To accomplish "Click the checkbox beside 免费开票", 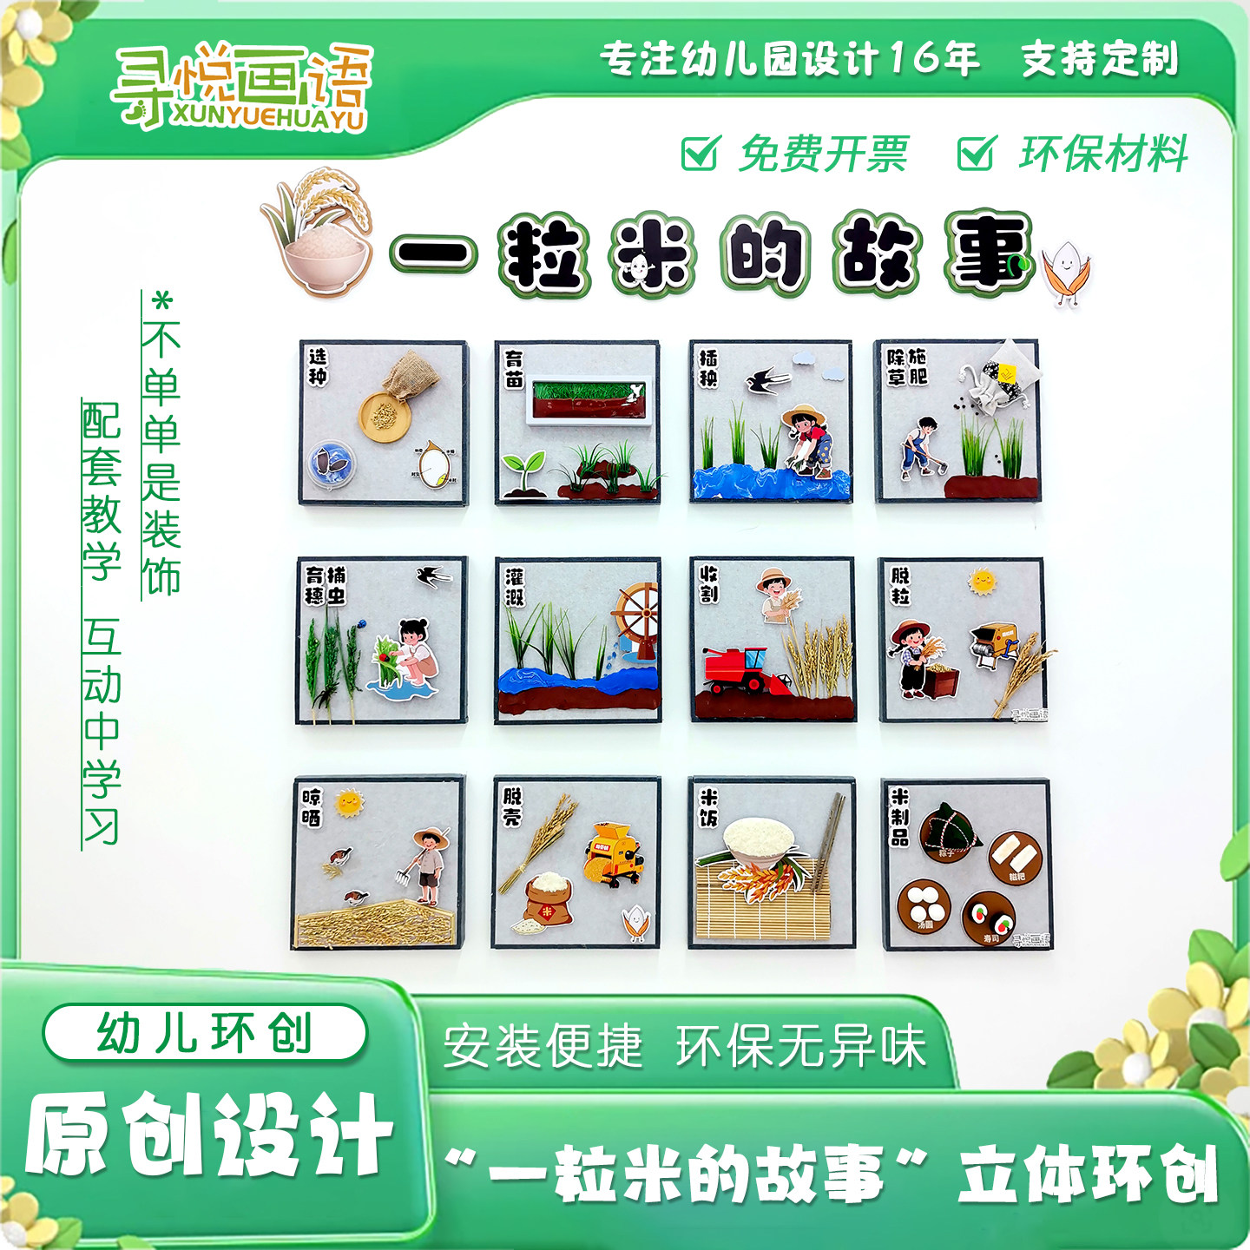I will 700,154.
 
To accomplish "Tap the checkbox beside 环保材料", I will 976,154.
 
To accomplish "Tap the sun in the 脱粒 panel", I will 983,581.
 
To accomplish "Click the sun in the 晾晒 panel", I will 349,802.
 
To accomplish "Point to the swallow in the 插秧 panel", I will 766,380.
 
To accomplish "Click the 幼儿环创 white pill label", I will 205,1032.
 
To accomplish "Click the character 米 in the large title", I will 654,254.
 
